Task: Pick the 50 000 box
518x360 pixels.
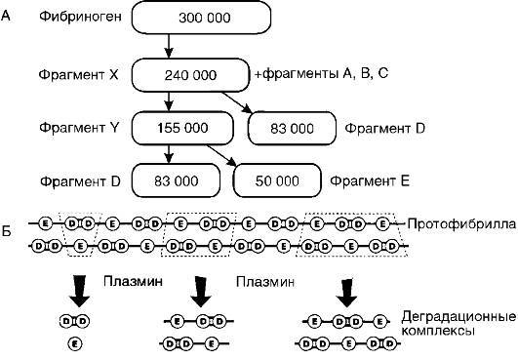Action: coord(277,180)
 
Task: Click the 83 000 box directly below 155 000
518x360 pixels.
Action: coord(177,180)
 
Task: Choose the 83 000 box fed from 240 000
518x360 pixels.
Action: coord(292,127)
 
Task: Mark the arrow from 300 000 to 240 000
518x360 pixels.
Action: coord(169,46)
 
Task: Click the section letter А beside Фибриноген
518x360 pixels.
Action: coord(8,18)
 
